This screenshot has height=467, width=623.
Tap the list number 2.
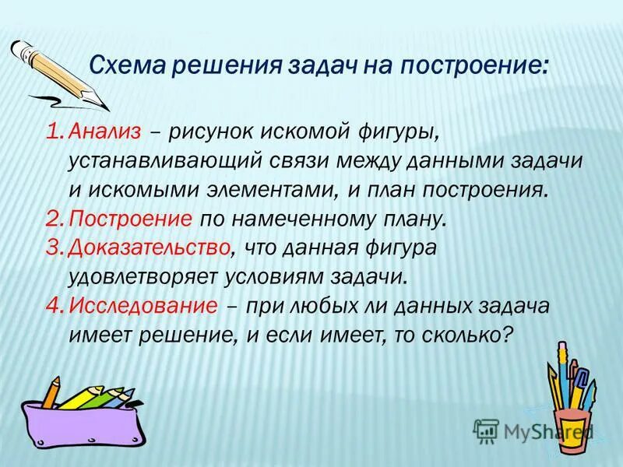pos(54,219)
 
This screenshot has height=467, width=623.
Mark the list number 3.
pos(54,248)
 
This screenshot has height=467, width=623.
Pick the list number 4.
pos(54,306)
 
